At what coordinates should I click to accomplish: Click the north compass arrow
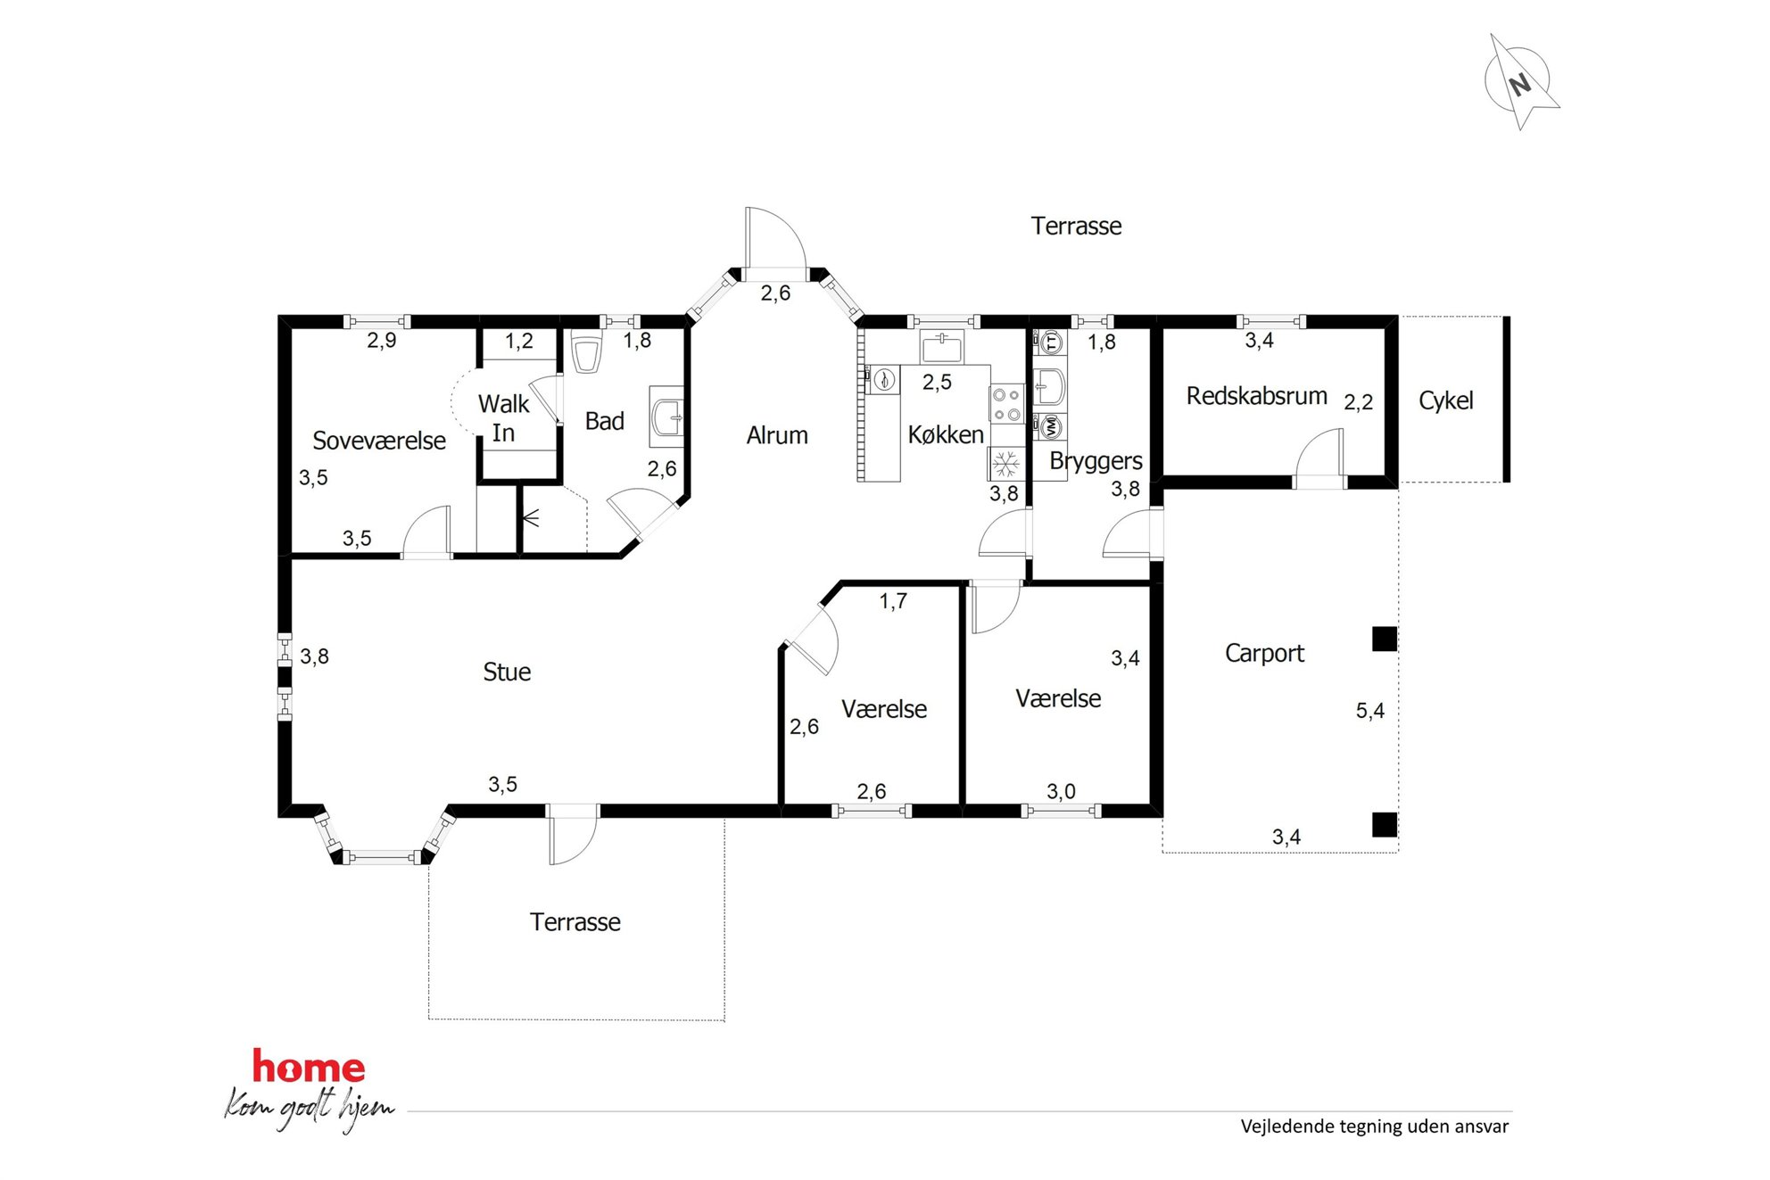tap(1521, 83)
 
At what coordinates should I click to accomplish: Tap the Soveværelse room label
tap(379, 441)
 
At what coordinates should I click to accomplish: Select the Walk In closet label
tap(504, 418)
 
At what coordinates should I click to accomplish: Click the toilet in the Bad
tap(586, 354)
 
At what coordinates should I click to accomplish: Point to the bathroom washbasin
tap(666, 417)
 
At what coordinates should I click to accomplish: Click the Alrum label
tap(777, 435)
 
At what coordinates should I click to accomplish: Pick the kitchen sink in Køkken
tap(941, 346)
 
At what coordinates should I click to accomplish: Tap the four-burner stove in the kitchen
tap(1006, 403)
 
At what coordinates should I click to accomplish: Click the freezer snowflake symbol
tap(1006, 464)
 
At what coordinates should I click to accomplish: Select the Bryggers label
tap(1096, 461)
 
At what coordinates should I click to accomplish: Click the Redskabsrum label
tap(1256, 396)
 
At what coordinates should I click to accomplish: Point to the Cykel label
tap(1446, 400)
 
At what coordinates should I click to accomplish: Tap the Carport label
tap(1264, 654)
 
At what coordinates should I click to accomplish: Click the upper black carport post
tap(1385, 639)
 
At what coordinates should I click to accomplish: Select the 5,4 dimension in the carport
tap(1370, 711)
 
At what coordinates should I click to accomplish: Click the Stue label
tap(507, 672)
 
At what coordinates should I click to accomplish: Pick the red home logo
tap(309, 1067)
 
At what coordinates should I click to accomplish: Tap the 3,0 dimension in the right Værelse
tap(1061, 791)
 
